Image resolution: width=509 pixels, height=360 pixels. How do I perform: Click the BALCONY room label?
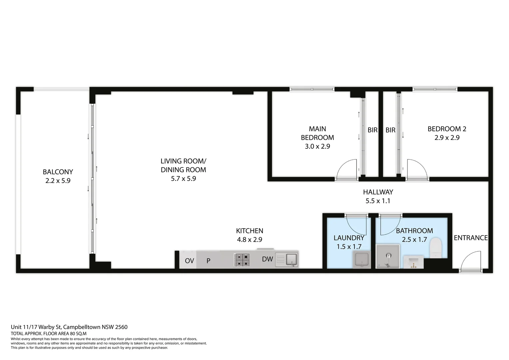[x=58, y=172]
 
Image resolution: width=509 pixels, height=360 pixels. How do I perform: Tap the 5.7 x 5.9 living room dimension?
[x=183, y=179]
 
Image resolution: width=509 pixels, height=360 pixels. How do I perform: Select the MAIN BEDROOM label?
[x=317, y=133]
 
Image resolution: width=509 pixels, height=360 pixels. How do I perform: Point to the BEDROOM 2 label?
[x=447, y=129]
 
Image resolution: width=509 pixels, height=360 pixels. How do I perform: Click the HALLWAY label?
[x=378, y=192]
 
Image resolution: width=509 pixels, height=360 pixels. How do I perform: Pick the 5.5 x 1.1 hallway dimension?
[x=378, y=201]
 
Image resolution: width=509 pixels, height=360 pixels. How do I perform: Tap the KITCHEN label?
[x=250, y=231]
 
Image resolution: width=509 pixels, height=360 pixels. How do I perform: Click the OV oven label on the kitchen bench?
[x=189, y=261]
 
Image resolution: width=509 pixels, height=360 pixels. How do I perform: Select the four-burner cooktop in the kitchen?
[x=242, y=260]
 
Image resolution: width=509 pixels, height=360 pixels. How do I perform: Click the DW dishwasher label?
[x=267, y=259]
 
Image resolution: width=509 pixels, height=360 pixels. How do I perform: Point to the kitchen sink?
[x=287, y=259]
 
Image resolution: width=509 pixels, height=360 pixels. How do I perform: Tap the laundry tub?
[x=361, y=259]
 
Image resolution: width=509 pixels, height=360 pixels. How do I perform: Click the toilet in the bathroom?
[x=436, y=248]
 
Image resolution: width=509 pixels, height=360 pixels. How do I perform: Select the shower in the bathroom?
[x=388, y=256]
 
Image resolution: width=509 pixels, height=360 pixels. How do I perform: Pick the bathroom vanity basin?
[x=413, y=262]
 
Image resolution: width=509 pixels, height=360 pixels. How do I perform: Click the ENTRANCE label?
[x=471, y=238]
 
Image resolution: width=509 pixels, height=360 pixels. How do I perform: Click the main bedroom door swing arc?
[x=343, y=164]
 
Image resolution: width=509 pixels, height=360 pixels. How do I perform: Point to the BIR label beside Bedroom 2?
[x=390, y=130]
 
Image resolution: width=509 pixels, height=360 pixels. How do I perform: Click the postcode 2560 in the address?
[x=121, y=327]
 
